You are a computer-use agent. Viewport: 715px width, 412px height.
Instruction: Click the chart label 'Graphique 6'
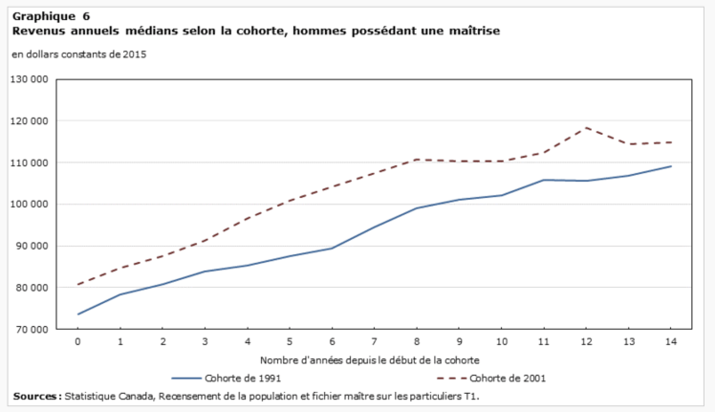(x=52, y=16)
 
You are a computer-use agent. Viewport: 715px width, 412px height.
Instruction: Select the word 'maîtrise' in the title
(x=472, y=31)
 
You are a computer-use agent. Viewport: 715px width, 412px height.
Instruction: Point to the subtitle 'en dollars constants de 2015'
(x=78, y=54)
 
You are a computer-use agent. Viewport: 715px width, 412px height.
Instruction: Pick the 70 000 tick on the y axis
(x=32, y=329)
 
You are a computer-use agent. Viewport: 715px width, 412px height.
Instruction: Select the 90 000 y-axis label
(x=32, y=246)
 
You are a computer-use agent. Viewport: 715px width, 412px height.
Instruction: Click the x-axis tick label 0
(x=77, y=341)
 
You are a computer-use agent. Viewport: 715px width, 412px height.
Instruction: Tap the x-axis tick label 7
(x=374, y=341)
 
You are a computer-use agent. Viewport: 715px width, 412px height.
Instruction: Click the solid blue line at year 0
(x=77, y=314)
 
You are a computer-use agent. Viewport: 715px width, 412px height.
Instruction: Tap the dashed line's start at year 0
(x=77, y=284)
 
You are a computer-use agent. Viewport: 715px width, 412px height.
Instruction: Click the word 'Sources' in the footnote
(x=37, y=396)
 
